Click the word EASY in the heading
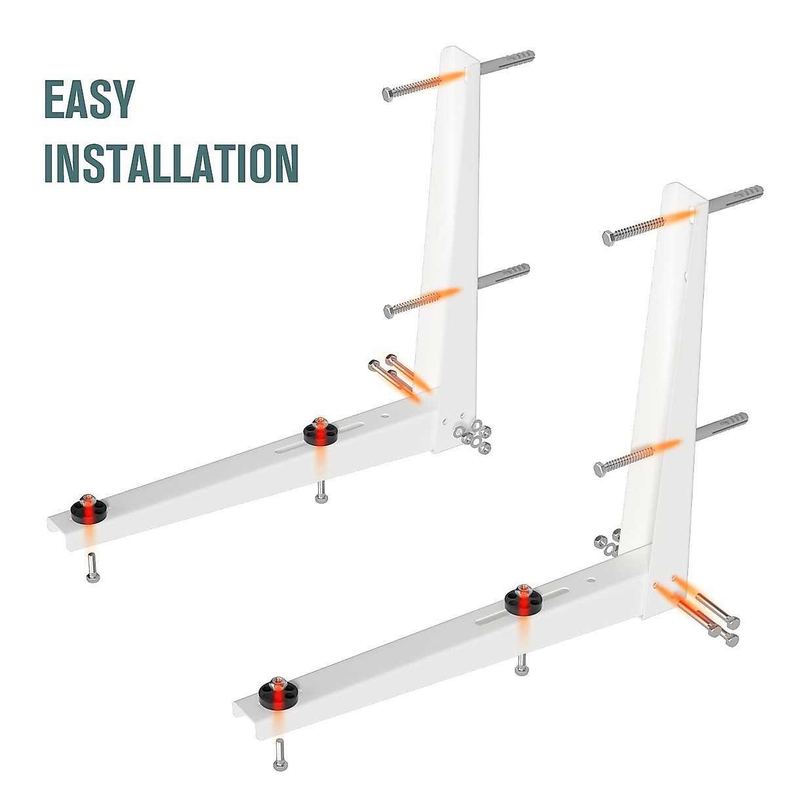click(89, 99)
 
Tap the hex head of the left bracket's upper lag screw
click(388, 94)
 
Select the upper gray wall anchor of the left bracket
click(508, 63)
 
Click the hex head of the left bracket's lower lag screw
click(389, 312)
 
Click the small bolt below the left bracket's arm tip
click(92, 568)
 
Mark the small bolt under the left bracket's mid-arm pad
click(321, 492)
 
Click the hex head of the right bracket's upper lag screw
click(608, 238)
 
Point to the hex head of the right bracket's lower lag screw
click(599, 470)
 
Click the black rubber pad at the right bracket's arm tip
click(277, 691)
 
